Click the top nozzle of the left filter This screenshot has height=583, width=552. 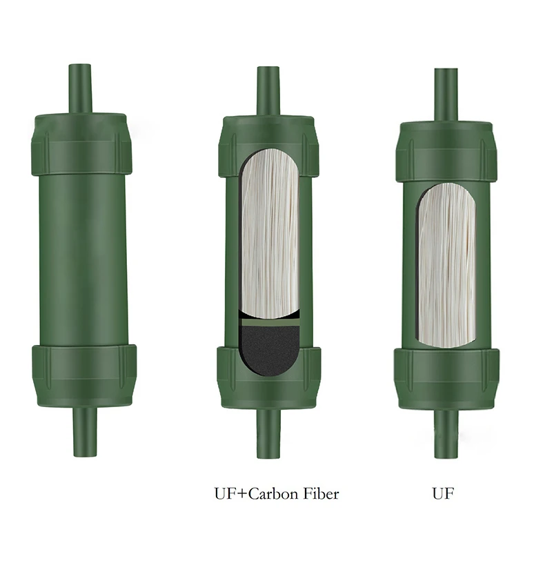point(80,89)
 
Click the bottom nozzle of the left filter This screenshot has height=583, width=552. point(85,432)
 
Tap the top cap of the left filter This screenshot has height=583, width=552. point(81,144)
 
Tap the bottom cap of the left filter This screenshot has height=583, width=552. point(84,375)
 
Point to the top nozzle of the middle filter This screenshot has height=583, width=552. point(268,91)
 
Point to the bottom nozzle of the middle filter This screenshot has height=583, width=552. point(269,433)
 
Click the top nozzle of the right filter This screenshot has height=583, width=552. point(446,95)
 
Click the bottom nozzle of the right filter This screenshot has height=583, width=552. point(446,433)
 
